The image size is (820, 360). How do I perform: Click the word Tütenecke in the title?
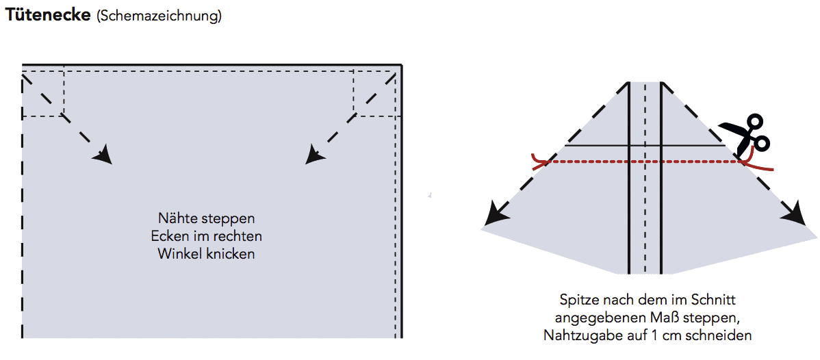click(x=47, y=15)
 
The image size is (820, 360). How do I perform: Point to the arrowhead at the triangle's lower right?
click(x=795, y=214)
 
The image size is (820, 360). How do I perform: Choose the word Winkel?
click(x=176, y=253)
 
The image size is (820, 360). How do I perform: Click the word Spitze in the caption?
click(x=577, y=300)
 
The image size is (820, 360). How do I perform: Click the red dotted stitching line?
click(x=643, y=162)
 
